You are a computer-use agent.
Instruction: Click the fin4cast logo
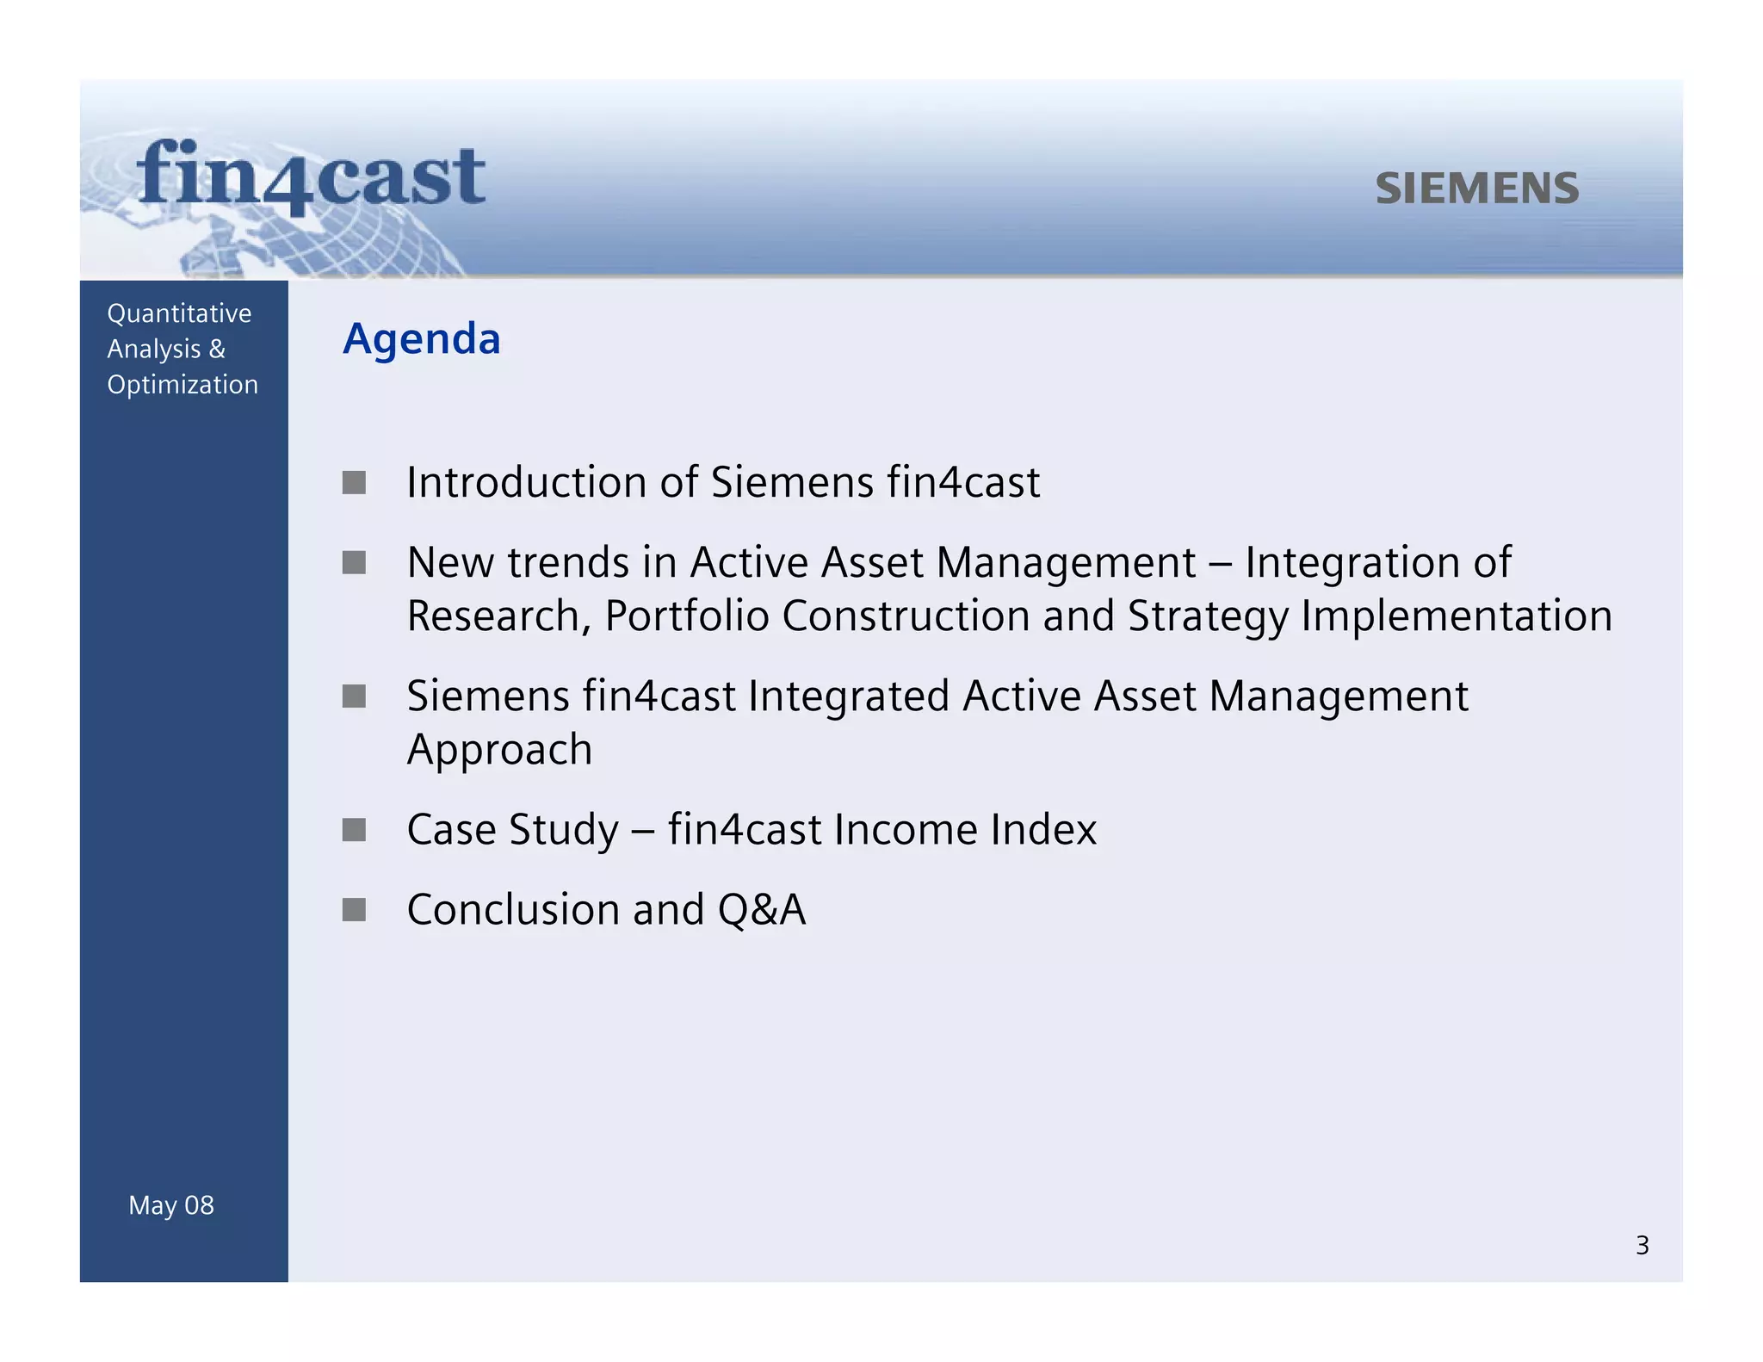pyautogui.click(x=311, y=177)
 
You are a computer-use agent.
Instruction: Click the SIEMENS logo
pyautogui.click(x=1477, y=189)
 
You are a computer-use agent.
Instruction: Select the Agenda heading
pyautogui.click(x=421, y=339)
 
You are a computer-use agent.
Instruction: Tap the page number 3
pyautogui.click(x=1642, y=1245)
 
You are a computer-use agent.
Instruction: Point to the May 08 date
pyautogui.click(x=171, y=1205)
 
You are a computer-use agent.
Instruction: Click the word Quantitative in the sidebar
pyautogui.click(x=179, y=313)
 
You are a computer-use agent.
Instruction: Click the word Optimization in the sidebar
pyautogui.click(x=182, y=385)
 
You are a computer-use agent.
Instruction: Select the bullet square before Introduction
pyautogui.click(x=354, y=482)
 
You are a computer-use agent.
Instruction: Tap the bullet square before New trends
pyautogui.click(x=354, y=563)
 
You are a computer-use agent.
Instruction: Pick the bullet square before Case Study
pyautogui.click(x=354, y=830)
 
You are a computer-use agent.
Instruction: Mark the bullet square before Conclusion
pyautogui.click(x=354, y=910)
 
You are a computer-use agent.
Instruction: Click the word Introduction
pyautogui.click(x=527, y=482)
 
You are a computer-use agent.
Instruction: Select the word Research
pyautogui.click(x=498, y=616)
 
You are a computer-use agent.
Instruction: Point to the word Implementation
pyautogui.click(x=1456, y=616)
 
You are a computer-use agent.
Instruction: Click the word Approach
pyautogui.click(x=499, y=750)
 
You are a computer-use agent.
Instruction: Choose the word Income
pyautogui.click(x=905, y=830)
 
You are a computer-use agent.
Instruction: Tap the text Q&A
pyautogui.click(x=761, y=910)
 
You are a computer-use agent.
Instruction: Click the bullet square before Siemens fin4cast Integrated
pyautogui.click(x=354, y=696)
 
